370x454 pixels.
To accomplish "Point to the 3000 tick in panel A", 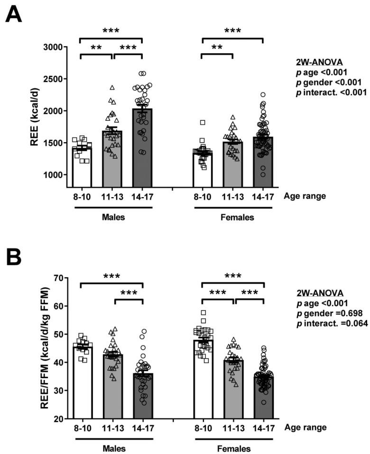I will tap(56, 47).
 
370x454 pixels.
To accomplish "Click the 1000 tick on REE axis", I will tap(56, 174).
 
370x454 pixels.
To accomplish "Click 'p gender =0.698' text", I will tap(321, 313).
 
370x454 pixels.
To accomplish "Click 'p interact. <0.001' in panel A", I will tap(324, 92).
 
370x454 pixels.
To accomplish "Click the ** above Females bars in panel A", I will tap(217, 47).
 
